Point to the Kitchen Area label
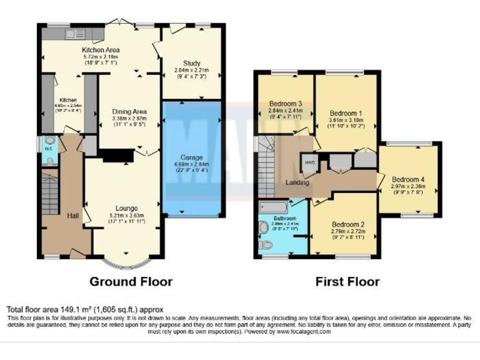coord(101,50)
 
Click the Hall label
coord(72,216)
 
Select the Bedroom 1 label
coord(345,105)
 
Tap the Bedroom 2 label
coord(347,224)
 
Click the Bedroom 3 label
coord(286,103)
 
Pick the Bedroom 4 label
coord(409,179)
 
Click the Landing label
coord(297,182)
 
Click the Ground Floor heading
coord(131,281)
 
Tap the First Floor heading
coord(347,281)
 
